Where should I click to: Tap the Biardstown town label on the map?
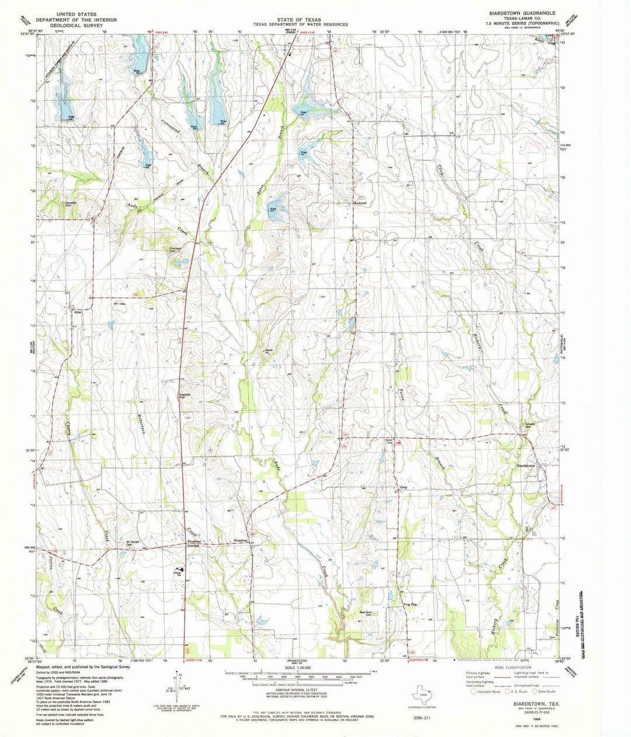click(x=526, y=465)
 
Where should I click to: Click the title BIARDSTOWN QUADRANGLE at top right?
click(x=522, y=12)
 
